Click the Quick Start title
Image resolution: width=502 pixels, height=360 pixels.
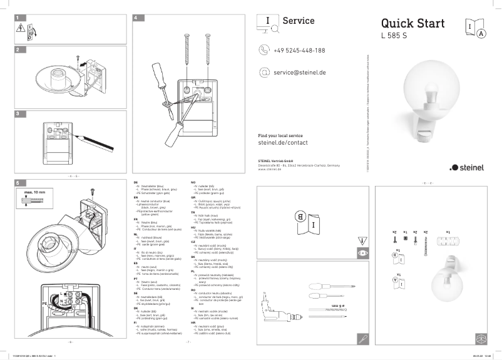click(412, 24)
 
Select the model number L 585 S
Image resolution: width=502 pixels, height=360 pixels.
click(394, 36)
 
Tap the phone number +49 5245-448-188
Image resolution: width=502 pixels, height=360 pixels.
click(299, 50)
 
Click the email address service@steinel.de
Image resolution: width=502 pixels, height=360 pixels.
click(299, 73)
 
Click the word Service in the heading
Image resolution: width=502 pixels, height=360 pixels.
click(299, 21)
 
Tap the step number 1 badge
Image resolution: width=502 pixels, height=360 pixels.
click(18, 18)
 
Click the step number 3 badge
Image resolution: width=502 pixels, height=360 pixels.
click(18, 114)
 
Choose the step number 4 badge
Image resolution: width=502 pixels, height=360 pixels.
click(136, 18)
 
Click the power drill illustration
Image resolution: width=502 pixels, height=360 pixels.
click(275, 306)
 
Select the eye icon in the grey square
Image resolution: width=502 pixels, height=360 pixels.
click(362, 254)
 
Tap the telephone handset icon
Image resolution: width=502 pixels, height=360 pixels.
click(264, 50)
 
